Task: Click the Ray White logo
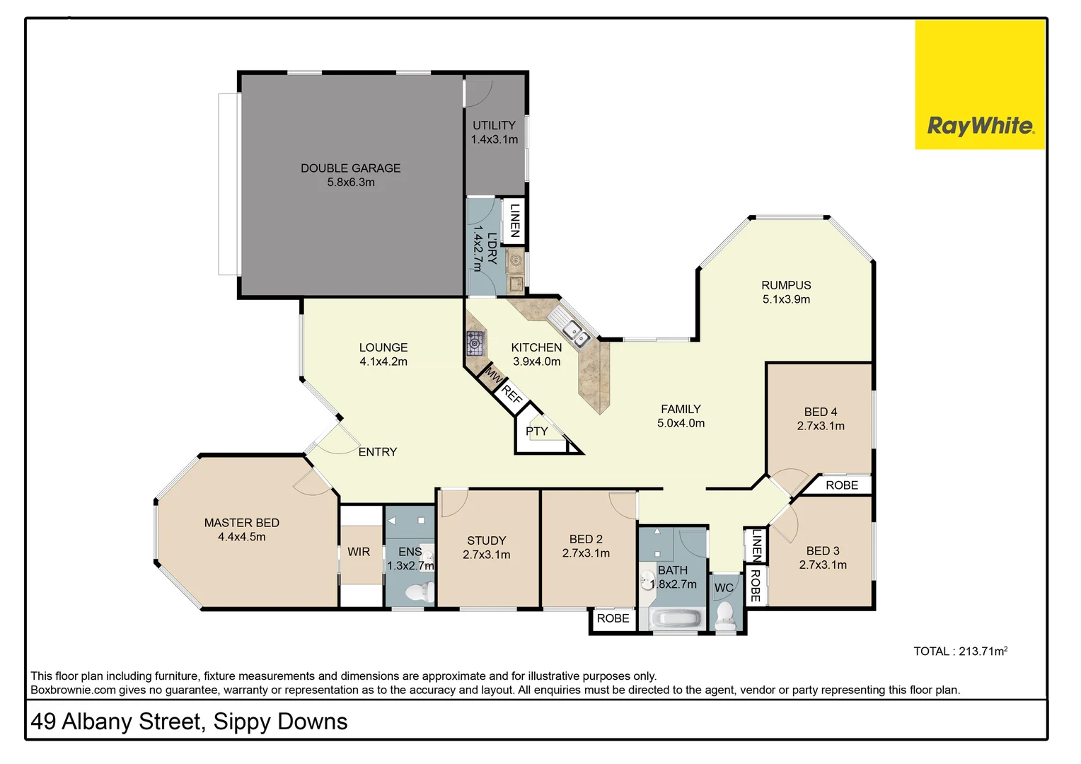click(x=980, y=126)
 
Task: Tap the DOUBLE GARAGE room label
click(x=350, y=168)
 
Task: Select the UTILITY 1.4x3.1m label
click(x=495, y=132)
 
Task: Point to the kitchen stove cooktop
click(x=475, y=343)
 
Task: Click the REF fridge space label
click(x=511, y=395)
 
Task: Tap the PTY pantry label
click(x=536, y=431)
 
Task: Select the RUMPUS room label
click(x=786, y=285)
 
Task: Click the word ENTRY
click(x=377, y=452)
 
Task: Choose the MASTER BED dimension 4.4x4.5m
click(x=241, y=537)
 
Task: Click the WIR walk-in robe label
click(x=359, y=552)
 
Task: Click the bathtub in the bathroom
click(x=675, y=620)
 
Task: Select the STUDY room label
click(x=486, y=540)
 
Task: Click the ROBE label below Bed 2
click(x=613, y=618)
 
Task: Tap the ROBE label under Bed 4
click(x=841, y=485)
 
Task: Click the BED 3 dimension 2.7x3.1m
click(x=823, y=565)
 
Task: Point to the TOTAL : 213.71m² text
click(x=960, y=652)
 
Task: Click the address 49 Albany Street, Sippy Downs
click(x=189, y=722)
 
